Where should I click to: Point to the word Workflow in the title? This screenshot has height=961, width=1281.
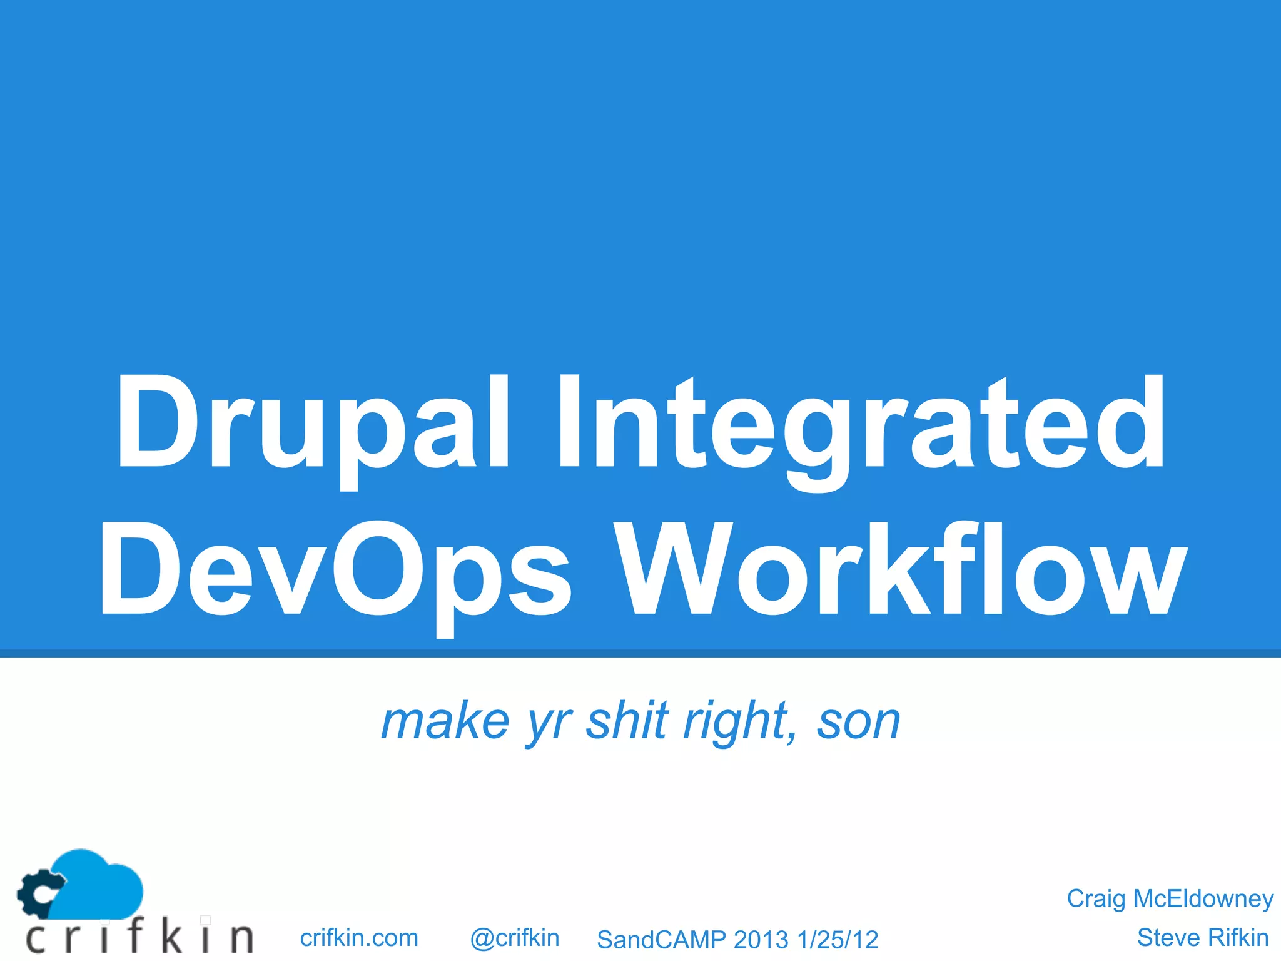pyautogui.click(x=901, y=569)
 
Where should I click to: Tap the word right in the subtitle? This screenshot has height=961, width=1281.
pyautogui.click(x=738, y=723)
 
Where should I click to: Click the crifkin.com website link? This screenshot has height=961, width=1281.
pyautogui.click(x=359, y=938)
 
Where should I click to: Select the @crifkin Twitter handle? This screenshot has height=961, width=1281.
pyautogui.click(x=514, y=938)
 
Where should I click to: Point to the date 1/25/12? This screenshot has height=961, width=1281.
pyautogui.click(x=838, y=940)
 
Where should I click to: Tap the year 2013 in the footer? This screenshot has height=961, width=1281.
pyautogui.click(x=761, y=940)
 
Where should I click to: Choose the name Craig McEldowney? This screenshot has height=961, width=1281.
pyautogui.click(x=1170, y=898)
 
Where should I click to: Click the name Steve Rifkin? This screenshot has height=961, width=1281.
pyautogui.click(x=1202, y=938)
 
